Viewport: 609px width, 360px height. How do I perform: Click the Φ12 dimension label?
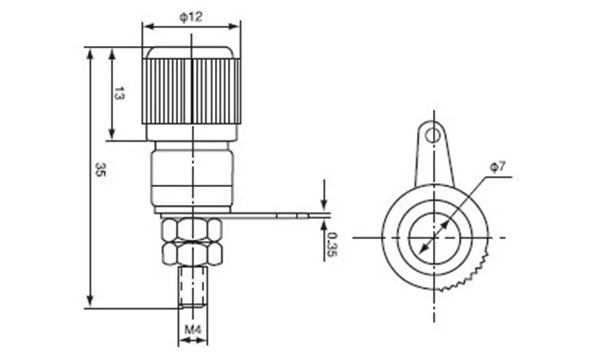191,17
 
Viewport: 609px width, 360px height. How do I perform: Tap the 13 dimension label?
119,93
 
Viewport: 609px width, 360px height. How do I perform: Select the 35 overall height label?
100,170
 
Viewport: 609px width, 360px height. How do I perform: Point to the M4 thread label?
193,330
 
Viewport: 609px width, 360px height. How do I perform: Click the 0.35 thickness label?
332,245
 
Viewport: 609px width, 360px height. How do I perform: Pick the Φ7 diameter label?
498,167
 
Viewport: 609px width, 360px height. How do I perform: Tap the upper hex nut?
192,228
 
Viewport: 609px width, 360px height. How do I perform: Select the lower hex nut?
192,253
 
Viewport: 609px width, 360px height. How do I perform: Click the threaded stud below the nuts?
193,287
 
